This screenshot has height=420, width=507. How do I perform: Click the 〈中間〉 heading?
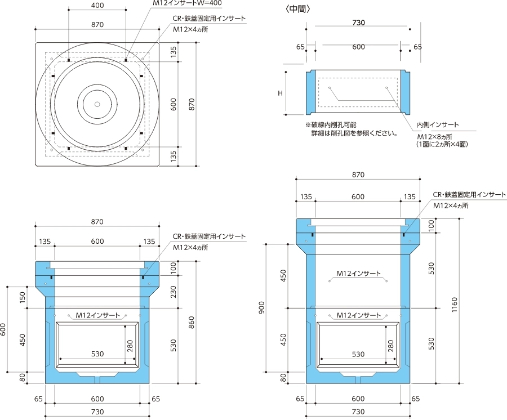coord(299,8)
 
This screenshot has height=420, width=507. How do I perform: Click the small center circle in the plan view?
coord(97,104)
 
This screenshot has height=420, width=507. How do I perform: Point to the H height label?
coord(279,92)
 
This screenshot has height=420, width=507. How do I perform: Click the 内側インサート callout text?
coord(437,124)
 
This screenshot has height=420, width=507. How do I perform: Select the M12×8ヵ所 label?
coord(434,136)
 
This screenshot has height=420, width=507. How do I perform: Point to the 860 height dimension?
coord(192,322)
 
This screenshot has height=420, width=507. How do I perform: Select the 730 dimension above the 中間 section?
coord(358,23)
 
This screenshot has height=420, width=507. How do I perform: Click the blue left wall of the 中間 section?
coord(310,92)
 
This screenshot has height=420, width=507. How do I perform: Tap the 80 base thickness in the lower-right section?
coord(283,377)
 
